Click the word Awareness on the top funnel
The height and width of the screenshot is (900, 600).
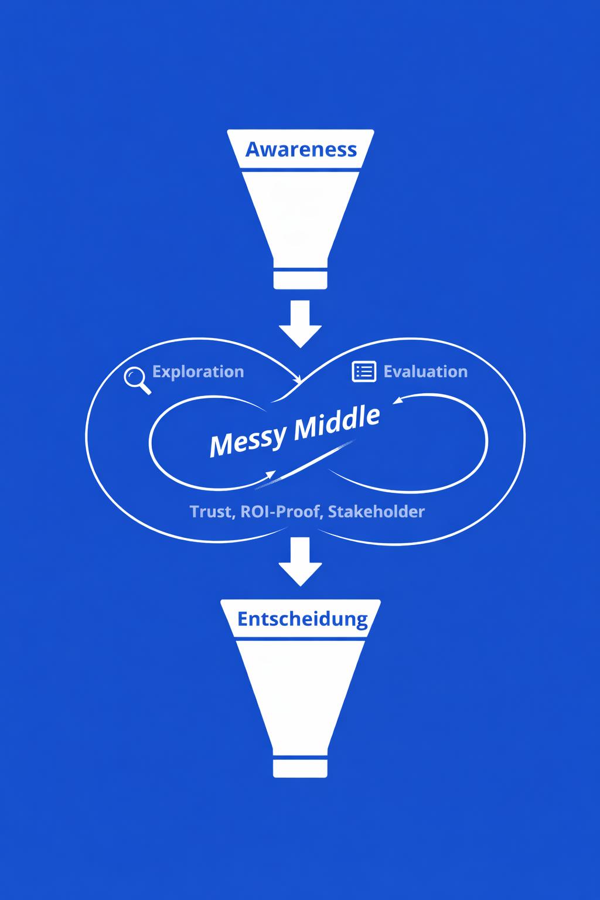coord(301,149)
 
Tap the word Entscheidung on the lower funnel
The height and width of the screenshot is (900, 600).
coord(302,619)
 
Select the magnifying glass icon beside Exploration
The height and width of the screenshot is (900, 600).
coord(137,379)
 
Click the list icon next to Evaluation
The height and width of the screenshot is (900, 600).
coord(363,371)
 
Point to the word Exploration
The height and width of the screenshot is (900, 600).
coord(197,371)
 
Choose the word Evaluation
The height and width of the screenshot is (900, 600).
coord(425,371)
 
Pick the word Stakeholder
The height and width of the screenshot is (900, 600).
coord(376,512)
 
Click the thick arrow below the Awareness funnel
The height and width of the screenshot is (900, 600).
coord(300,323)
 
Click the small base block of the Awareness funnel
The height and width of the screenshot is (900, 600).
coord(300,279)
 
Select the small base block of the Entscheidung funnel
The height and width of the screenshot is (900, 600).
coord(300,768)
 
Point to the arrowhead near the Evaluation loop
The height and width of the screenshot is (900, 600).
coord(398,401)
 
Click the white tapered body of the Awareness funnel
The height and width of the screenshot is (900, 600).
coord(300,217)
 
